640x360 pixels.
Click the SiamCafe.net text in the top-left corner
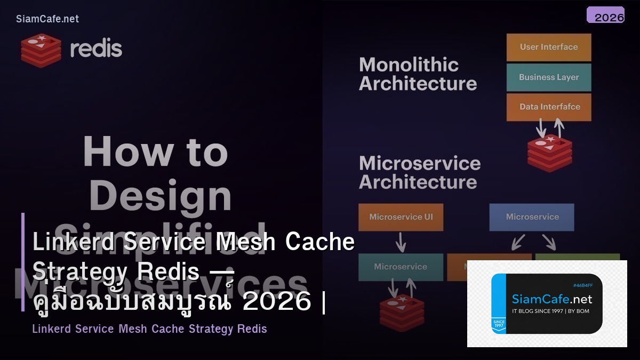coord(47,19)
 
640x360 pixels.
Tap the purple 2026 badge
coord(605,15)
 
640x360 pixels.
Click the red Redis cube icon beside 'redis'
coord(41,50)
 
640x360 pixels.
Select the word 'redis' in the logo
coord(96,49)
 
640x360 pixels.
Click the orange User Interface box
coord(549,47)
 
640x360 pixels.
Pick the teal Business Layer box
coord(549,77)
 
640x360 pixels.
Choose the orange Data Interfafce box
coord(549,107)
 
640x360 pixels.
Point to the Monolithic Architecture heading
coord(418,74)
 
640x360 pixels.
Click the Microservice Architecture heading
coord(420,172)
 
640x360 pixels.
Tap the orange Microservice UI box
coord(401,217)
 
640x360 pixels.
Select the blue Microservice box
coord(532,217)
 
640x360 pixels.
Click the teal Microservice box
coord(401,267)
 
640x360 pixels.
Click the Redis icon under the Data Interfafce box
coord(549,154)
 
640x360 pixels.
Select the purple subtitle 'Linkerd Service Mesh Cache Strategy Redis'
coord(149,329)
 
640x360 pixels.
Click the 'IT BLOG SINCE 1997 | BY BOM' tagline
coord(550,311)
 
